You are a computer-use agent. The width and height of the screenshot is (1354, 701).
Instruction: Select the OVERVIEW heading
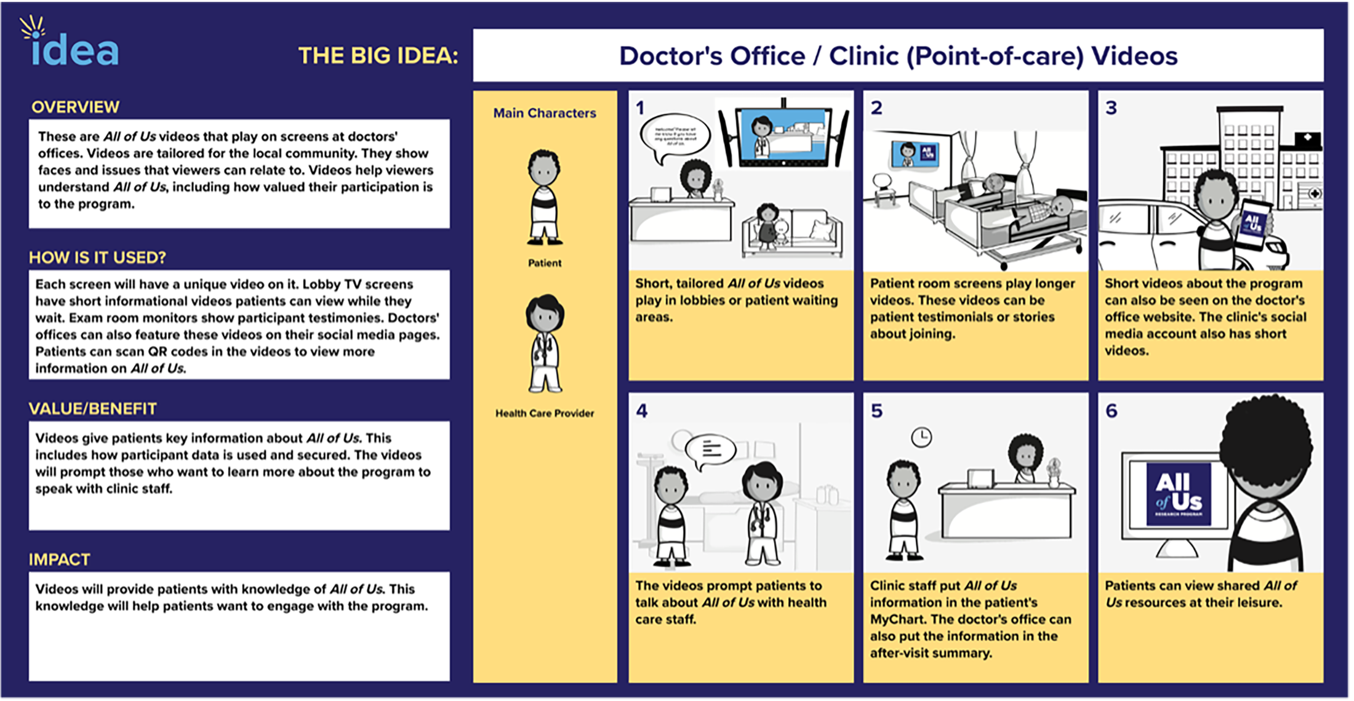[75, 107]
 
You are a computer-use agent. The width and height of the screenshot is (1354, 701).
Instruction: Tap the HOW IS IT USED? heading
[97, 257]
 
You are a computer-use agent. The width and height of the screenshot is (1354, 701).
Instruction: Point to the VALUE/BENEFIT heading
[92, 409]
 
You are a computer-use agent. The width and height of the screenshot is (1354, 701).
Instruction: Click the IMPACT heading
[59, 559]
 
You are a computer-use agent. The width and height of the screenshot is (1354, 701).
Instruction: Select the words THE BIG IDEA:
[378, 56]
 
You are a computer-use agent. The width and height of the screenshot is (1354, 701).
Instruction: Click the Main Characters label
[545, 113]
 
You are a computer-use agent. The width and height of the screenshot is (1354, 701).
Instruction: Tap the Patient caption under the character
[545, 263]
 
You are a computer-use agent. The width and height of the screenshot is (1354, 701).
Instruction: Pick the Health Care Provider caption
[545, 414]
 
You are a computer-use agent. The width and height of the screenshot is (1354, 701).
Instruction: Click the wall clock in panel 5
[921, 438]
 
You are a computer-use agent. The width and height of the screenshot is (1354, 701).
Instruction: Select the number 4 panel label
[642, 411]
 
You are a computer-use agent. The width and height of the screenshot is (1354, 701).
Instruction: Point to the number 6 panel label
[1112, 411]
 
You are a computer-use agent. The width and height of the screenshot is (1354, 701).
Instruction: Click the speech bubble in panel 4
[711, 450]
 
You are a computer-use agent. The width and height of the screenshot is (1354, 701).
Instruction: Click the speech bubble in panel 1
[675, 136]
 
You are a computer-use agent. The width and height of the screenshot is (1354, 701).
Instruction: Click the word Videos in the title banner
[1134, 56]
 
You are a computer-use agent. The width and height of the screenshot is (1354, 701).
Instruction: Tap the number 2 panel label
[876, 108]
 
